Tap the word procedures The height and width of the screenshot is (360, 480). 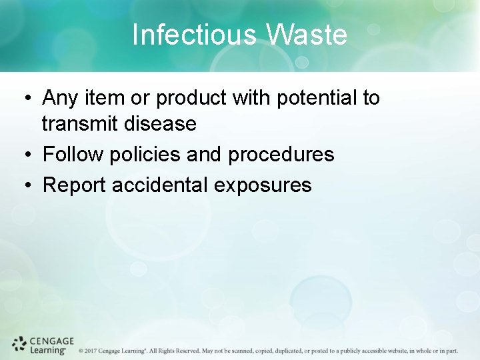281,155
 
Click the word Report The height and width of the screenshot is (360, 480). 75,185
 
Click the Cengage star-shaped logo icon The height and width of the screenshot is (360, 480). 19,344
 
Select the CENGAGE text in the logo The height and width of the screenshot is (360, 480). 52,340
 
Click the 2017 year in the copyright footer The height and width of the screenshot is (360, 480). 91,350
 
